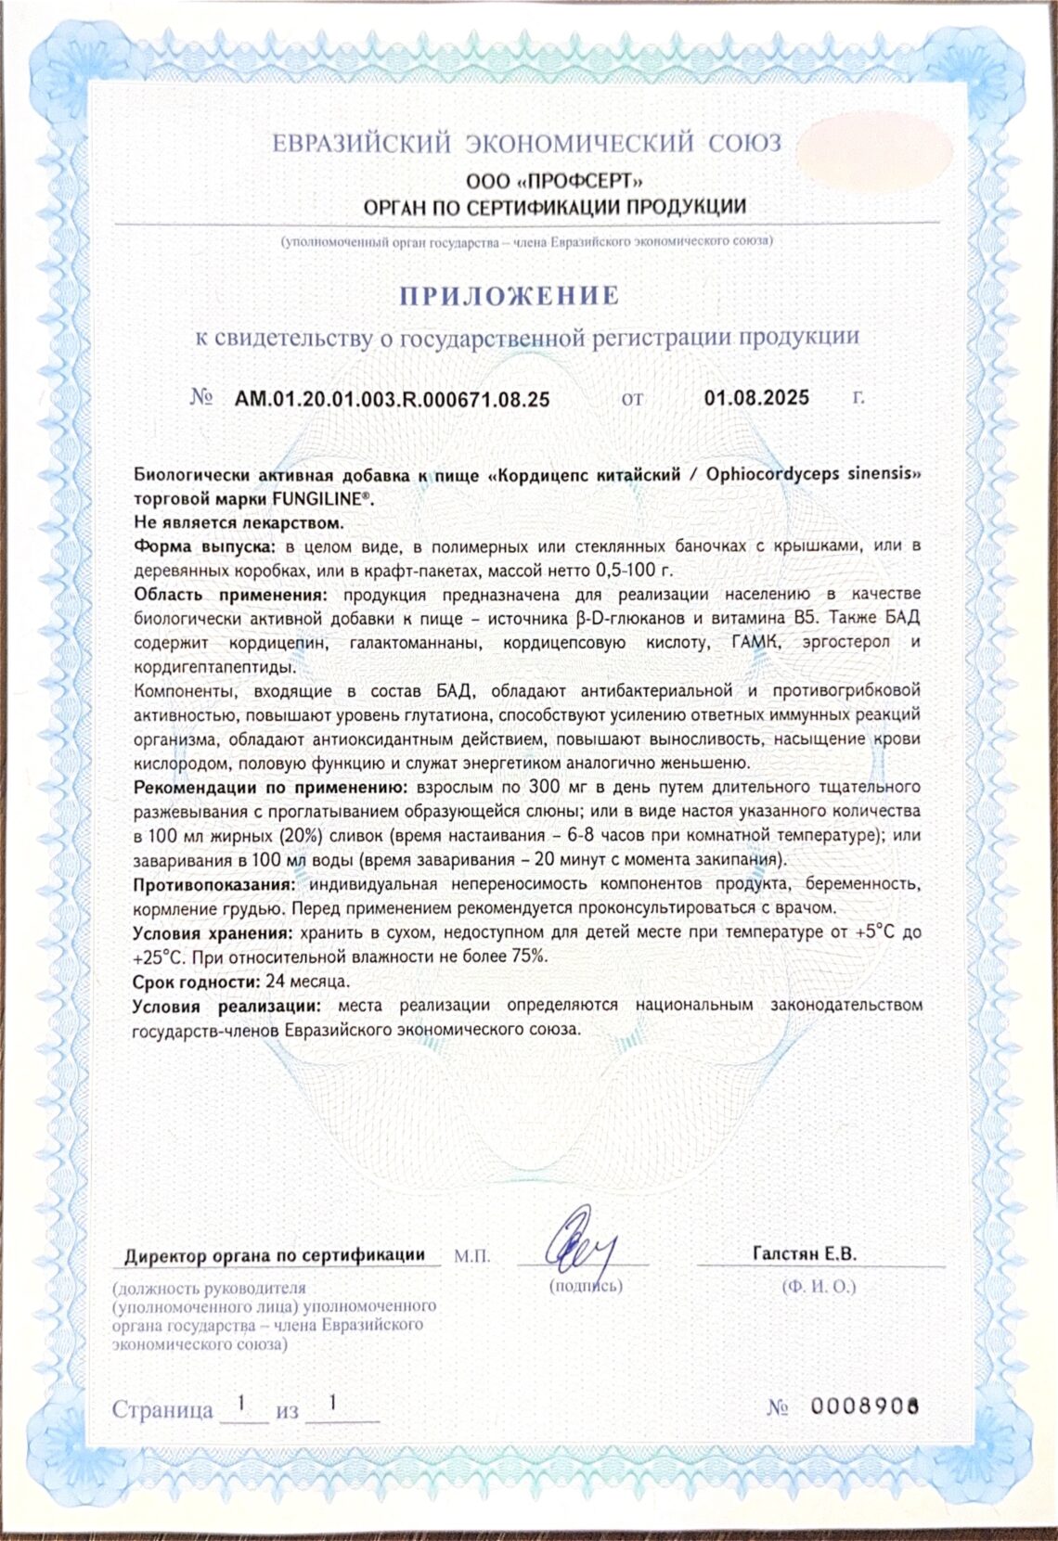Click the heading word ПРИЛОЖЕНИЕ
pos(509,295)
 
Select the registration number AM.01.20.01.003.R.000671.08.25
pos(392,399)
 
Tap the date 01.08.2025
pos(756,398)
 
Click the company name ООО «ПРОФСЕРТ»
pos(554,181)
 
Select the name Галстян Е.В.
pos(804,1253)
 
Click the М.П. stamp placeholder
pos(472,1256)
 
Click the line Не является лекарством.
pos(239,521)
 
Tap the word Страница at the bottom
pos(162,1409)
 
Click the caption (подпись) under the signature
pos(586,1285)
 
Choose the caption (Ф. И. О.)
pos(819,1286)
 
